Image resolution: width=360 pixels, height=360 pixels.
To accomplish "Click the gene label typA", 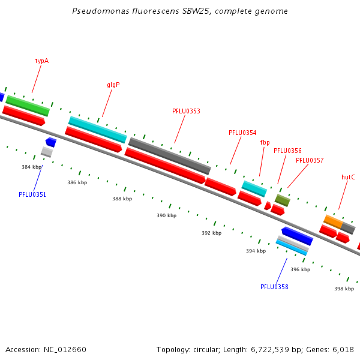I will [41, 61].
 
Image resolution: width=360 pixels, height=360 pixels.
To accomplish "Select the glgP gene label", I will [113, 85].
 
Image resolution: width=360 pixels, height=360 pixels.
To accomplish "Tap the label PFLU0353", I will [186, 111].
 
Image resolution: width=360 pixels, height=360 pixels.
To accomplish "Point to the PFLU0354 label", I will [242, 133].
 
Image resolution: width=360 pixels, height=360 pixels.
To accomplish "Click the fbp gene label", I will [265, 142].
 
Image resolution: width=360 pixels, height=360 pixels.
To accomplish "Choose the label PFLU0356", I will [287, 151].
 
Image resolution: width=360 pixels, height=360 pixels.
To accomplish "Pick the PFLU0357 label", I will [310, 160].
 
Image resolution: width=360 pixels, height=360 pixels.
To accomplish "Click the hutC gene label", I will [348, 177].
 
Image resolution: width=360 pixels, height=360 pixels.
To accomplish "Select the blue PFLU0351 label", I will [32, 194].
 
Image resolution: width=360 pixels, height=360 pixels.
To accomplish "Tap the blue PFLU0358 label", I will [274, 287].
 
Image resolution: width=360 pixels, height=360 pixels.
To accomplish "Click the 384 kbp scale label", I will [32, 167].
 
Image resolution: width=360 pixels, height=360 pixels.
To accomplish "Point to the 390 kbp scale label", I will [167, 215].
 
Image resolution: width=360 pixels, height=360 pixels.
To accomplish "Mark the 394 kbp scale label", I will [256, 251].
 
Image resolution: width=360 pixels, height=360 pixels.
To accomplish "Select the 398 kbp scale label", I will [344, 289].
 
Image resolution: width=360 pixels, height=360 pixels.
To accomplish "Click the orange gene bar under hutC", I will [333, 221].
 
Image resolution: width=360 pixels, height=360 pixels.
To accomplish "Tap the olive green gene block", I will [283, 200].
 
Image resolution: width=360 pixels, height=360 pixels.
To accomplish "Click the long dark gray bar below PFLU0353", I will [170, 156].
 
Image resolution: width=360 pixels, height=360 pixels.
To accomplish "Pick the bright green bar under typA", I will [28, 106].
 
